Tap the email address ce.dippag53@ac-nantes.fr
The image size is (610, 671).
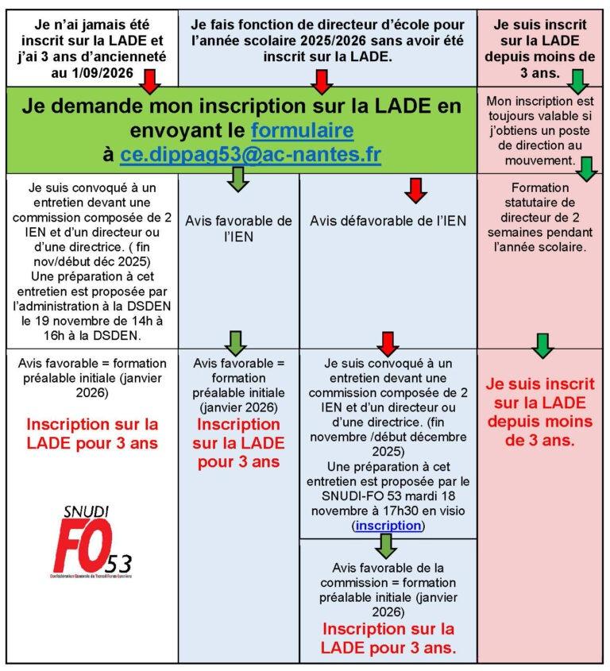[250, 156]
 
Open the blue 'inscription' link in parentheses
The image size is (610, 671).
[388, 526]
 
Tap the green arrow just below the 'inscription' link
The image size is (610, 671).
[387, 546]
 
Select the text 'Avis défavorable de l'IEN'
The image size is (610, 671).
[388, 220]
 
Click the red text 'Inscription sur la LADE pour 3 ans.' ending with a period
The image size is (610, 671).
[388, 638]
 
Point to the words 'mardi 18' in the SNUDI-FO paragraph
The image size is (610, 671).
[435, 496]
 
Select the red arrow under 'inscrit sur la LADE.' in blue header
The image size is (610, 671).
[322, 81]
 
